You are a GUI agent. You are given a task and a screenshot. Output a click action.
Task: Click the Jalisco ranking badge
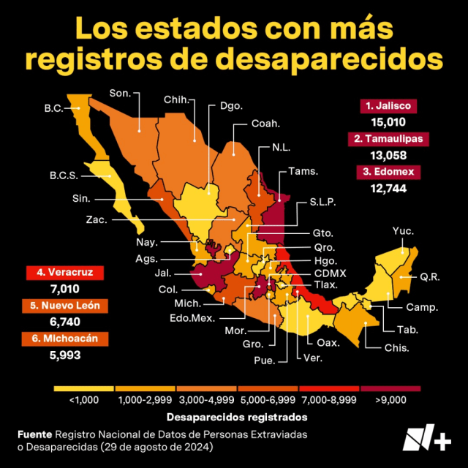pyautogui.click(x=388, y=106)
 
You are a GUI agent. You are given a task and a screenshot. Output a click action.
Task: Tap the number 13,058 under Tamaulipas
pyautogui.click(x=388, y=155)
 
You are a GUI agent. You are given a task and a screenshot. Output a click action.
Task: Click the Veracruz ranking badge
pyautogui.click(x=64, y=273)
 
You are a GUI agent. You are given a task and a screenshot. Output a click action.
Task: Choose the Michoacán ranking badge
pyautogui.click(x=64, y=339)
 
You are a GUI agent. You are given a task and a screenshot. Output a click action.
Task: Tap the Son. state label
pyautogui.click(x=119, y=93)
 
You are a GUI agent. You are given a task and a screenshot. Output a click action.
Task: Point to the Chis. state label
pyautogui.click(x=397, y=347)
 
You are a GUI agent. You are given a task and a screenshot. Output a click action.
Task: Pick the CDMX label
pyautogui.click(x=330, y=273)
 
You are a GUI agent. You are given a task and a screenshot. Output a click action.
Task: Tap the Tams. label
pyautogui.click(x=303, y=171)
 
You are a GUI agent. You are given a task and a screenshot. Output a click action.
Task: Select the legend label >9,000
pyautogui.click(x=389, y=400)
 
